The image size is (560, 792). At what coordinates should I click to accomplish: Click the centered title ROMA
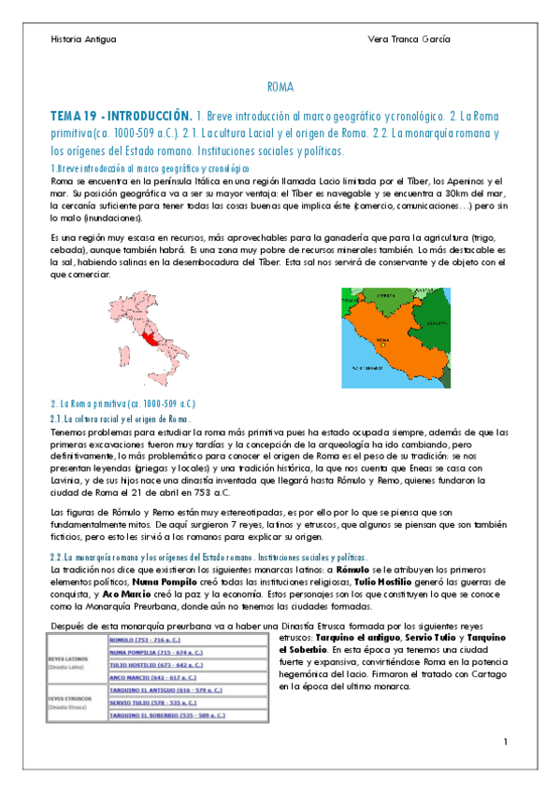[280, 87]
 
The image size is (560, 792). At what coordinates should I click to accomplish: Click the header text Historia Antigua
[83, 39]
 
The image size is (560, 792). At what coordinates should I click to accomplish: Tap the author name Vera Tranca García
[409, 39]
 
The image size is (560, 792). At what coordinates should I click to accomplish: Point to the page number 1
[504, 742]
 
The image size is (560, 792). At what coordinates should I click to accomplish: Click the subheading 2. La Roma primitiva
[122, 403]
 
